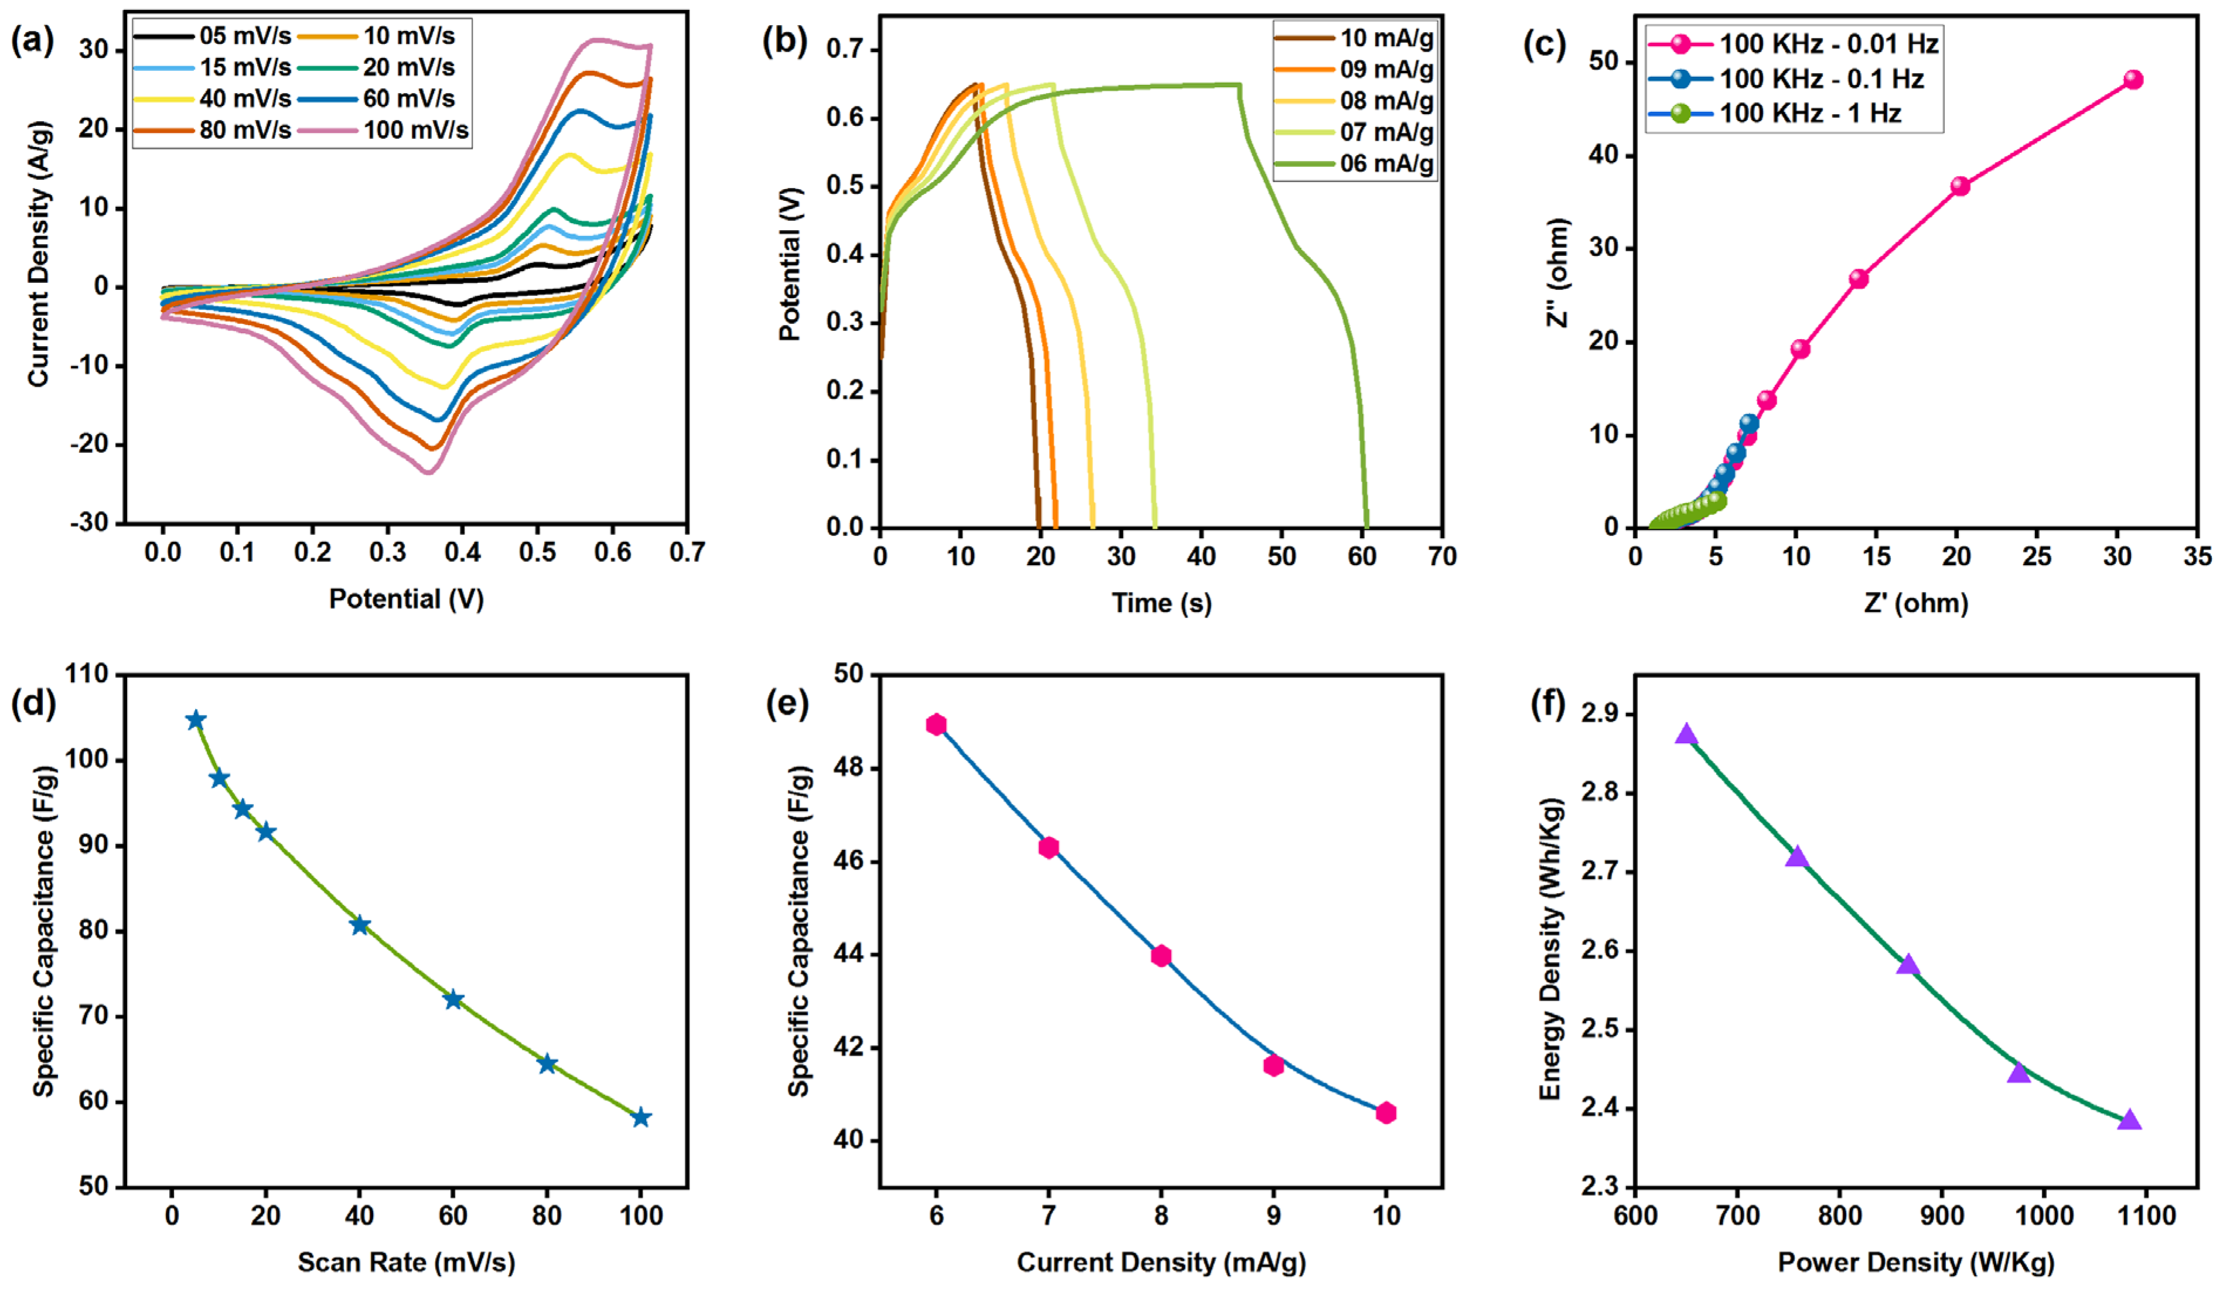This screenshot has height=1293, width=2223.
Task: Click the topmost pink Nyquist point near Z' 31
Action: tap(2133, 80)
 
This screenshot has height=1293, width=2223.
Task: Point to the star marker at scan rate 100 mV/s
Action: tap(641, 1117)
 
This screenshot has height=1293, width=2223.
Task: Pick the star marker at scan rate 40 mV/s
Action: tap(360, 925)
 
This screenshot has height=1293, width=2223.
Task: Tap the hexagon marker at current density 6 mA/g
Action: tap(936, 725)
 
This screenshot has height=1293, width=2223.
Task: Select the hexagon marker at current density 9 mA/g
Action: tap(1273, 1065)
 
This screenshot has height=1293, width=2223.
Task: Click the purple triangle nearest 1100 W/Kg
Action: tap(2129, 1121)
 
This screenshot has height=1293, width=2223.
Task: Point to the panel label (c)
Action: tap(1545, 44)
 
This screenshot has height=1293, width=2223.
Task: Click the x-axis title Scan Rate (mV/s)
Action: tap(406, 1262)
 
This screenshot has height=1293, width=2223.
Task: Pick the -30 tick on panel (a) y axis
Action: tap(90, 523)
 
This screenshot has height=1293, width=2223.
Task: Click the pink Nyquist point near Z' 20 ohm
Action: tap(1960, 186)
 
